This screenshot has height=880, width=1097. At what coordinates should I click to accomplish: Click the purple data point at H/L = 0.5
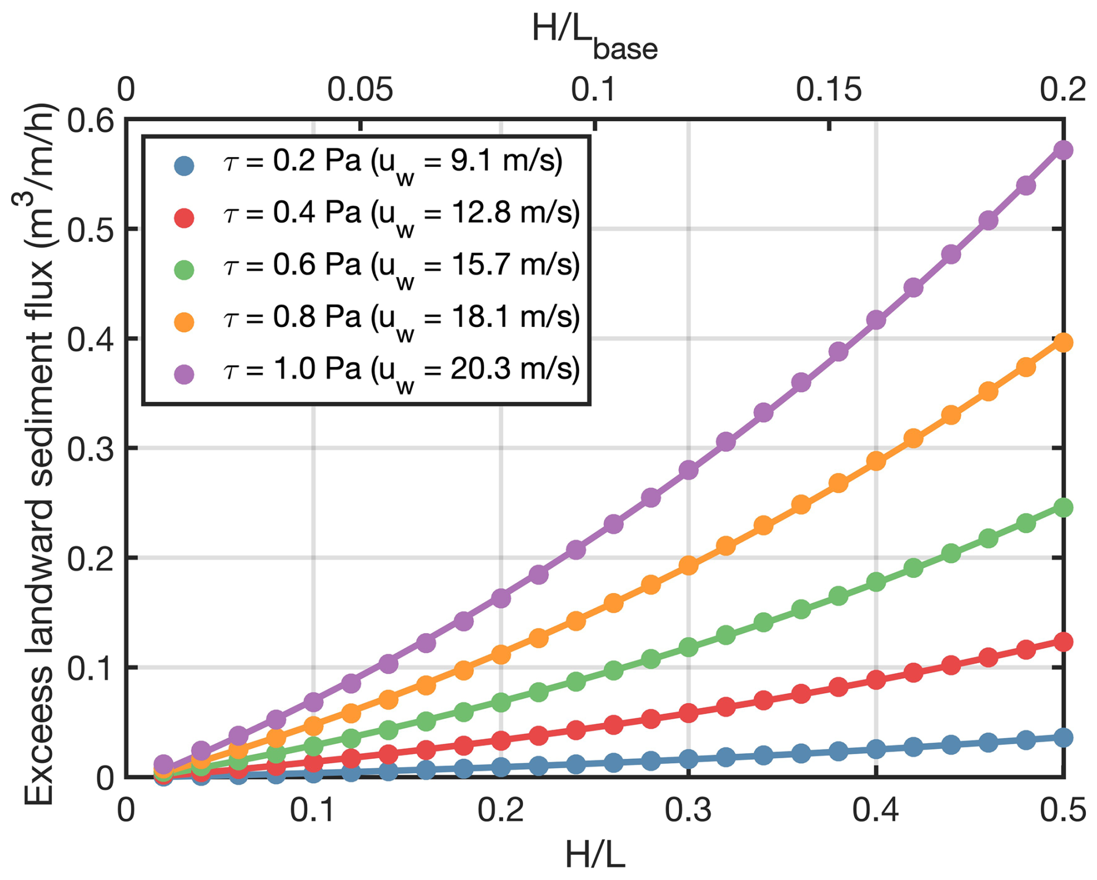pos(1063,150)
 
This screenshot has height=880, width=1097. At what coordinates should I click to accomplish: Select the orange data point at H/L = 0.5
pos(1063,343)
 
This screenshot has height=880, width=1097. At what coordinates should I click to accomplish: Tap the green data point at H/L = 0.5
pos(1063,507)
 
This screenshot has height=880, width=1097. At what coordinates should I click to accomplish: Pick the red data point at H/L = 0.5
pos(1063,642)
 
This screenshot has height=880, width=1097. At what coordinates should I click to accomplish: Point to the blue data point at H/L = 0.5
pos(1063,737)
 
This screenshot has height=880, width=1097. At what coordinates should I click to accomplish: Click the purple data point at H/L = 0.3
pos(688,470)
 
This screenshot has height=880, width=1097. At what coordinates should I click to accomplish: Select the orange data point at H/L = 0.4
pos(876,461)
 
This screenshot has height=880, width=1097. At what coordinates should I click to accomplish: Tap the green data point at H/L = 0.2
pos(501,703)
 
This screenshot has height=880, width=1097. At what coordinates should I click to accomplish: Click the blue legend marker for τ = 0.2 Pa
pos(184,166)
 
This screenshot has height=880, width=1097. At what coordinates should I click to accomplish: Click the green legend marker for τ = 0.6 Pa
pos(184,270)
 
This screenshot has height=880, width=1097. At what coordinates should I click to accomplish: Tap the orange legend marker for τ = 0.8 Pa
pos(184,322)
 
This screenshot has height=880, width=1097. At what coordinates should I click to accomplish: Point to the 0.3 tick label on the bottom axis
pos(688,810)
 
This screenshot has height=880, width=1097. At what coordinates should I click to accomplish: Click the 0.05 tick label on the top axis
pos(360,90)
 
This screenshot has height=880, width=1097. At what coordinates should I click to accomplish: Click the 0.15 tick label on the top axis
pos(829,90)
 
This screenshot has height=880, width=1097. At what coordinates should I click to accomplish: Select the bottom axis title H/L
pos(595,854)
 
